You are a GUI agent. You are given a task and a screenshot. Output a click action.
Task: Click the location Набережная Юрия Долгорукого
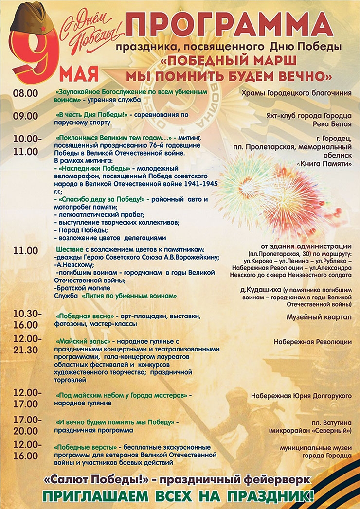301,396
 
